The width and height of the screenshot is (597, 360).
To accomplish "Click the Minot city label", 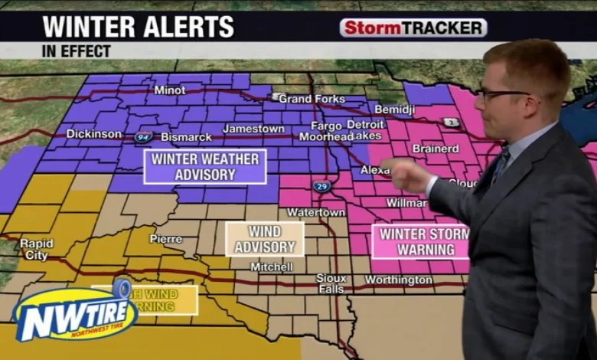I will coord(169,90).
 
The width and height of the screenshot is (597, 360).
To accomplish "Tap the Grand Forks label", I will coord(312,99).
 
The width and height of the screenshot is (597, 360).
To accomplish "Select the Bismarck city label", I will coord(186,137).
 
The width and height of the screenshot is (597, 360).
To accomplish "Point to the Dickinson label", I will coord(93,133).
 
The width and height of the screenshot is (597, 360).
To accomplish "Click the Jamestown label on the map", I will coord(253,129).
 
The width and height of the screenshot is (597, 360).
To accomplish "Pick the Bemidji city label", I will coord(394,110).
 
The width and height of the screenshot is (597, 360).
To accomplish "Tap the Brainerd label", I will coord(436,149).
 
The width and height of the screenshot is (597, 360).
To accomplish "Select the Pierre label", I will coord(166,239).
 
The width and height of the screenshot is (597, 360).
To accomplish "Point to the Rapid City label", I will coord(37,250).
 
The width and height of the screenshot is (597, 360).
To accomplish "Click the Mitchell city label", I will coord(272,267).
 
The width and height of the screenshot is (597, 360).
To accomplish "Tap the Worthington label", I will coord(398,280).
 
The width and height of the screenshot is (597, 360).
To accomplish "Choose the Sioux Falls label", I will coord(331,283).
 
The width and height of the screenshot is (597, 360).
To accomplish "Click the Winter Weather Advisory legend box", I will coord(205,166).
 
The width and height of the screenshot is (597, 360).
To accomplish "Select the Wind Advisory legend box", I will coord(264,239).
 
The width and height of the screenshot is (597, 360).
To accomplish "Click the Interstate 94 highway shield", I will coord(143,137).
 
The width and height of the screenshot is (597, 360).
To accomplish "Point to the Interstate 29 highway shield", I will coord(321,186).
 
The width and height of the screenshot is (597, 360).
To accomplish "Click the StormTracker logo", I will coord(413,28).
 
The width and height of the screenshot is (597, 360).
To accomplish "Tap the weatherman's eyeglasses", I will coord(501,94).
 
